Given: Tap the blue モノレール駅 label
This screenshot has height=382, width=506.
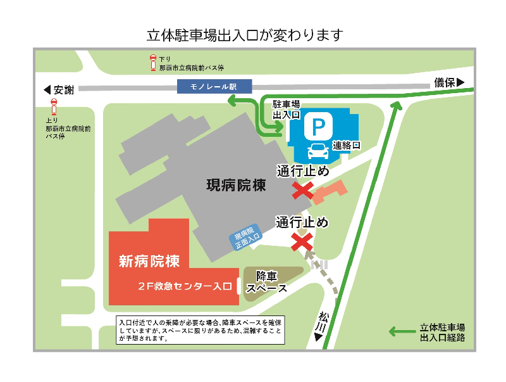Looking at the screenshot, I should click(214, 87).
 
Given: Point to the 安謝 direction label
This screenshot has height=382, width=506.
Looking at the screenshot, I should click(59, 90).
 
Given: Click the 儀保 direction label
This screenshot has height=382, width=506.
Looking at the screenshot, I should click(449, 82).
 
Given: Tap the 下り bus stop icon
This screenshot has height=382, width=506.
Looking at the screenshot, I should click(152, 62).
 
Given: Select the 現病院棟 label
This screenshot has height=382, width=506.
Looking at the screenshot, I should click(236, 186).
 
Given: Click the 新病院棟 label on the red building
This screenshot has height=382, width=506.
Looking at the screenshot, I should click(149, 261).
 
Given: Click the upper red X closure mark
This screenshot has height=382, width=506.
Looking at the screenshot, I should click(302, 189).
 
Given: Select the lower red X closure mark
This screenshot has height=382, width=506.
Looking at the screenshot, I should click(301, 241).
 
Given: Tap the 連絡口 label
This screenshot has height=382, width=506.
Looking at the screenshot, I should click(347, 145).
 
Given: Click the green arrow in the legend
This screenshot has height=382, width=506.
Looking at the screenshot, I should click(401, 331).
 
